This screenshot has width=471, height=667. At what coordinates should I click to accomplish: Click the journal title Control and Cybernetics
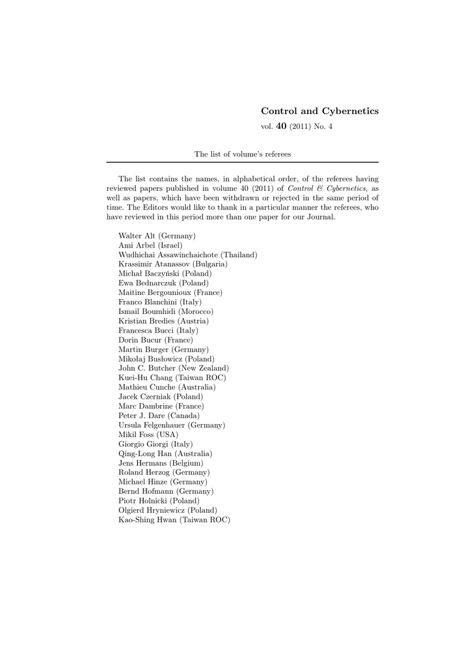pos(319,111)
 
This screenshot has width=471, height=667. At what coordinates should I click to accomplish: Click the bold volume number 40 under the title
pos(282,126)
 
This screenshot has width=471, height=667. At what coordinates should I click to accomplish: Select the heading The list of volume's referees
pos(242,154)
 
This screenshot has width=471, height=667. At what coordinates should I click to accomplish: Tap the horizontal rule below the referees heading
pos(242,162)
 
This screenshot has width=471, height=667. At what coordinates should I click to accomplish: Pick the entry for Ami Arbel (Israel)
pos(150,245)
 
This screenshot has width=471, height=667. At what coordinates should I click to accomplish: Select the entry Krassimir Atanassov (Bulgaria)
pos(172,264)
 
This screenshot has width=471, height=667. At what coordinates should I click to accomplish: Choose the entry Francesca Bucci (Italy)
pos(158,330)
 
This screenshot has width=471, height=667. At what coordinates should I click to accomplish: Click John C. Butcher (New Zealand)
pos(173,368)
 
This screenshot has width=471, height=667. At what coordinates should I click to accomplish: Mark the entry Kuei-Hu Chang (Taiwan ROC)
pos(172,378)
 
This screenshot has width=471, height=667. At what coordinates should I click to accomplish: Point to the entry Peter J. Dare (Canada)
pos(159,415)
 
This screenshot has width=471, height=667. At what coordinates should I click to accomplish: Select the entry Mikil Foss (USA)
pos(148,434)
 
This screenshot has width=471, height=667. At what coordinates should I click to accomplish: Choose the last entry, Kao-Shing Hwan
pos(174,520)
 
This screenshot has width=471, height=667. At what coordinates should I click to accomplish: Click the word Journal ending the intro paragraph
pos(321,217)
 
